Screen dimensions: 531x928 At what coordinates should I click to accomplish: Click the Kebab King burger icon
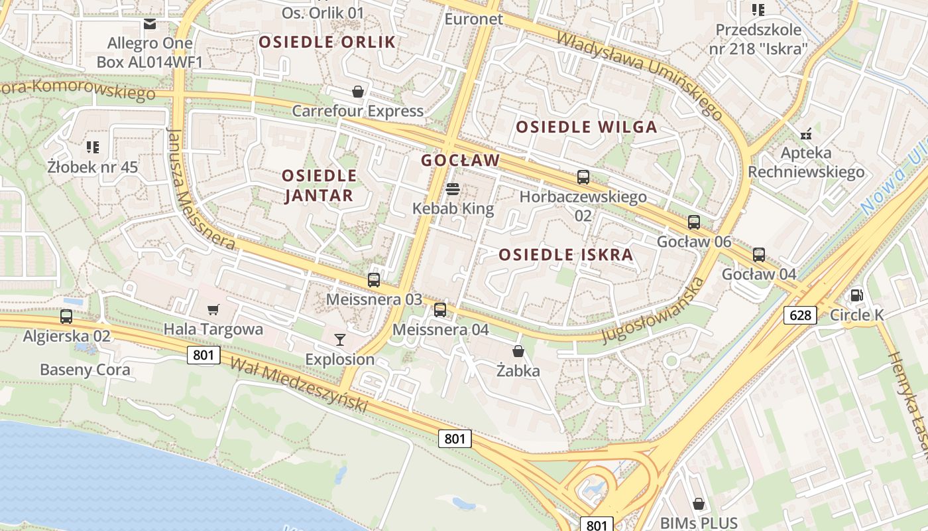point(453,189)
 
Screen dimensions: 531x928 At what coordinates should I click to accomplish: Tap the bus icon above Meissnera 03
point(374,280)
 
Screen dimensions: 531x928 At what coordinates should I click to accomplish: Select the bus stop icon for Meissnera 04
point(440,310)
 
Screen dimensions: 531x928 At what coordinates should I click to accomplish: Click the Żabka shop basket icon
point(518,351)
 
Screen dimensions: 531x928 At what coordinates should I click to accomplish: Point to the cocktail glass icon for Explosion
point(340,340)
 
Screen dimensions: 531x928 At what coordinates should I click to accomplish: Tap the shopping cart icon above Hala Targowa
point(213,309)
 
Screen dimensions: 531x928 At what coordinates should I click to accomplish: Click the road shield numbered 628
point(800,315)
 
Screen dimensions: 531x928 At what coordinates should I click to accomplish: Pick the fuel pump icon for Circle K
point(857,295)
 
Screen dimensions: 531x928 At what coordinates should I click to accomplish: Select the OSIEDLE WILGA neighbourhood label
point(587,127)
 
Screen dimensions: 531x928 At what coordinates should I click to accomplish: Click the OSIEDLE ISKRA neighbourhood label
point(566,254)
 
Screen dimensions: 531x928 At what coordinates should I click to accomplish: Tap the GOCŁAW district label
point(460,160)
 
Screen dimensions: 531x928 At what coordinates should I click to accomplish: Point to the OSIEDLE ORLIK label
point(327,42)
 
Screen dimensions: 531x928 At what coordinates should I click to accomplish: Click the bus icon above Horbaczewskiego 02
point(583,177)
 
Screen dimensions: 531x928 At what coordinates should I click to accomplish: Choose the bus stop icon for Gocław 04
point(759,254)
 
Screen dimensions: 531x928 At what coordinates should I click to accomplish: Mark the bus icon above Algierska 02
point(66,316)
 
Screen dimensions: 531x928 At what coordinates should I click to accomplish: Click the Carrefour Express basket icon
point(358,92)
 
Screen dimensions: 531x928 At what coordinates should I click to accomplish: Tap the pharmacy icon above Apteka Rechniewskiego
point(806,133)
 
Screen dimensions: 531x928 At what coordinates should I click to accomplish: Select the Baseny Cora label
point(86,370)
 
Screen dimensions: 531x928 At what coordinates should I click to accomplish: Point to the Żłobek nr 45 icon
point(93,147)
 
